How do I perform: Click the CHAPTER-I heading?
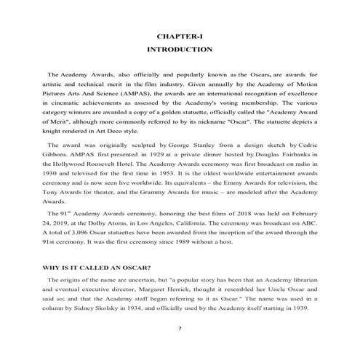(179, 36)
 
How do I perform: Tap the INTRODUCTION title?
(179, 50)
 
